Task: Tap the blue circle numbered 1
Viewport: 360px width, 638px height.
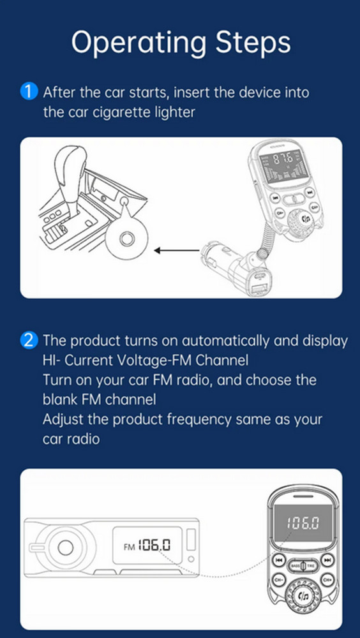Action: point(29,92)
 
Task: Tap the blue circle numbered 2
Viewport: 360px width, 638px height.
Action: point(29,340)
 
